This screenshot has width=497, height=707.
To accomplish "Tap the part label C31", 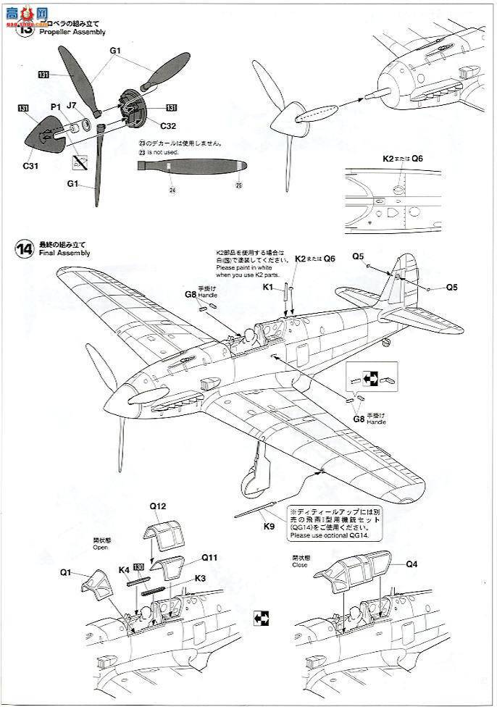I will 30,165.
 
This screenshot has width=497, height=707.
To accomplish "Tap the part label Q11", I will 209,558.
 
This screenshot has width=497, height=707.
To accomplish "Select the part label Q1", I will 65,572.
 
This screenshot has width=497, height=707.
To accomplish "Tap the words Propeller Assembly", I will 72,32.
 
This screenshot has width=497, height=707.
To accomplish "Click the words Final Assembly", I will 64,254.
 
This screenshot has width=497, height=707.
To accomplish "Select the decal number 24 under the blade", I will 172,191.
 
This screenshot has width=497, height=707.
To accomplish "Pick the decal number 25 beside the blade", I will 238,185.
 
